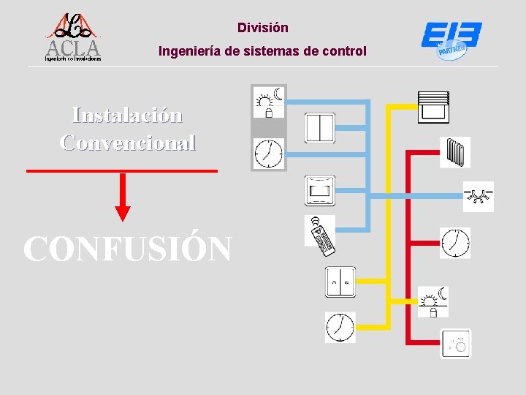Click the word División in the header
(x=263, y=28)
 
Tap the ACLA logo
(x=72, y=38)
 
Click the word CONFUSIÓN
(x=127, y=249)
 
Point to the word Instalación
(x=127, y=115)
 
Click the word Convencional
(x=127, y=141)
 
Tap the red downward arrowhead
(x=123, y=212)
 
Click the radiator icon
(x=455, y=151)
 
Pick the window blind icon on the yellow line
(x=434, y=107)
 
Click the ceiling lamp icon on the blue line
(x=479, y=196)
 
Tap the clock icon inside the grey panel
(x=268, y=153)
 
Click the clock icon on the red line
(x=455, y=242)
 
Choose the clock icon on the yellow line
(x=340, y=327)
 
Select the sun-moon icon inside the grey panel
(x=268, y=102)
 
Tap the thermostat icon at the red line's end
(x=456, y=343)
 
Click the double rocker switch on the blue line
(x=319, y=128)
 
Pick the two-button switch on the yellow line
(x=340, y=282)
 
